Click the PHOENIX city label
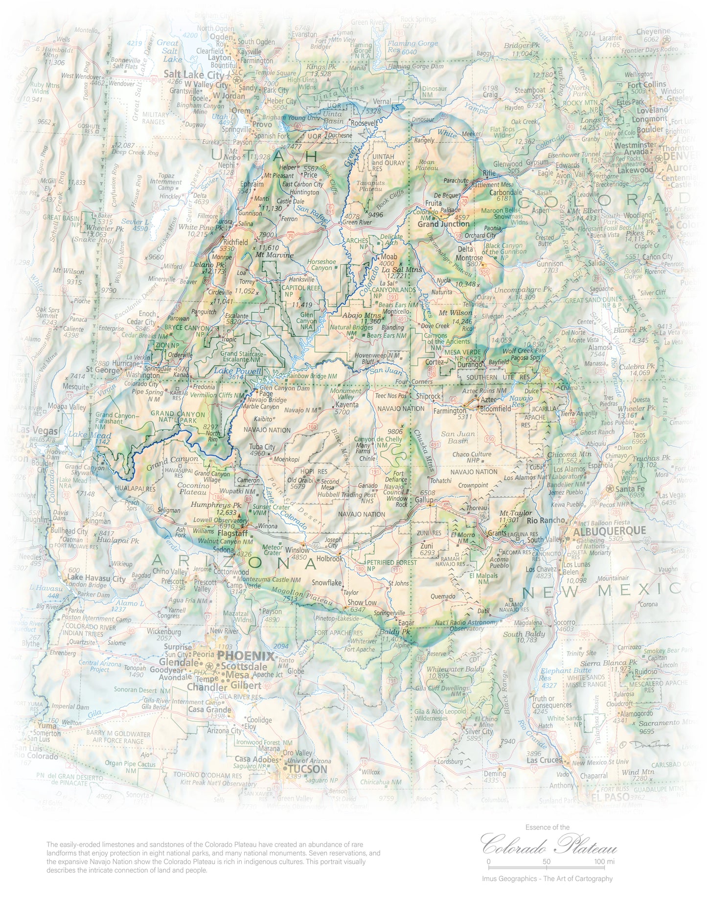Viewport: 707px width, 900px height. coord(246,656)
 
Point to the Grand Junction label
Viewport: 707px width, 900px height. coord(443,224)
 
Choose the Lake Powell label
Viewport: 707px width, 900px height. coord(230,370)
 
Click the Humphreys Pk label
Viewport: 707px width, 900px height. coord(216,505)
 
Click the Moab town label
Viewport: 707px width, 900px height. coord(389,256)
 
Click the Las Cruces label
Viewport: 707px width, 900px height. coord(544,760)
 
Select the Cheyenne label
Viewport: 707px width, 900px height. coord(653,31)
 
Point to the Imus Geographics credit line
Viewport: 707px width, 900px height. coord(547,878)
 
